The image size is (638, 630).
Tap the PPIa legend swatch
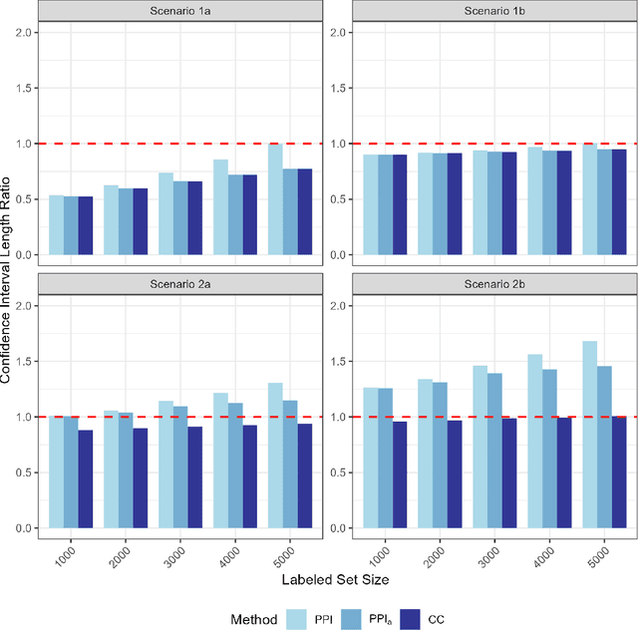point(352,618)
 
